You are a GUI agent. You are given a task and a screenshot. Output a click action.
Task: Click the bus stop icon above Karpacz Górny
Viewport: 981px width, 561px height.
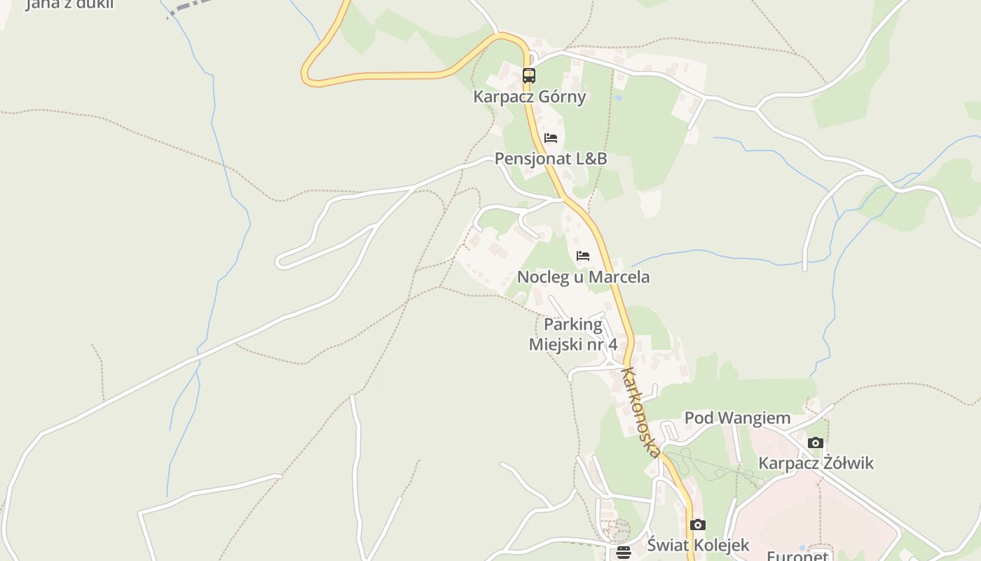coord(529,75)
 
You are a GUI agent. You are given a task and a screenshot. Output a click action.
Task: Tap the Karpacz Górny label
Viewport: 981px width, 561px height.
coord(529,97)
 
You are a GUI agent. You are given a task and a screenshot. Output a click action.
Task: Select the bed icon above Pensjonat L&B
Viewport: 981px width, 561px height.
coord(551,137)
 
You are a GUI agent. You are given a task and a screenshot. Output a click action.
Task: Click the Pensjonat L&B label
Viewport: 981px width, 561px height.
coord(551,158)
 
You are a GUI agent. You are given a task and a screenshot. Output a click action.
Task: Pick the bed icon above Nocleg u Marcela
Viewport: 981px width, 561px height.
coord(583,256)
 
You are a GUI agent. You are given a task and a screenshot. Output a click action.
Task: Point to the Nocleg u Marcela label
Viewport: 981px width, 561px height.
coord(583,277)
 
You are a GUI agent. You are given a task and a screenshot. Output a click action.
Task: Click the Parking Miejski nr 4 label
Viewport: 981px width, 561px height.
coord(573,334)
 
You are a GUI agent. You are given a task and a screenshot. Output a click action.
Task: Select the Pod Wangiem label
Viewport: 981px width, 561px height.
coord(737,418)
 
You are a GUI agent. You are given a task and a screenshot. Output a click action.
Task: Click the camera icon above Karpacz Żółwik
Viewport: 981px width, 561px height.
coord(815,442)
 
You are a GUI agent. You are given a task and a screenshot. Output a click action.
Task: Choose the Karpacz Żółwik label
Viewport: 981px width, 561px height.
coord(816,463)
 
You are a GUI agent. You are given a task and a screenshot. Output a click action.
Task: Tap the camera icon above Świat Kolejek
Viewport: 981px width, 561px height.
coord(697,525)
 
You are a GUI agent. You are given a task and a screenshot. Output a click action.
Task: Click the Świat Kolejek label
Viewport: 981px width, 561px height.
coord(698,545)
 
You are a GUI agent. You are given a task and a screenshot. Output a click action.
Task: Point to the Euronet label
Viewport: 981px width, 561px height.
coord(797,556)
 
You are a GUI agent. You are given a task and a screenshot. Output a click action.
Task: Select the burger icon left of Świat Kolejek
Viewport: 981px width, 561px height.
coord(624,553)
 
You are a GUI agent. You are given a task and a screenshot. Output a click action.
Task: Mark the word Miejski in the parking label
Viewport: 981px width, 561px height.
coord(557,344)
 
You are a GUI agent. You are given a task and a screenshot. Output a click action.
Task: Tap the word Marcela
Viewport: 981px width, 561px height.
coord(619,277)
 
